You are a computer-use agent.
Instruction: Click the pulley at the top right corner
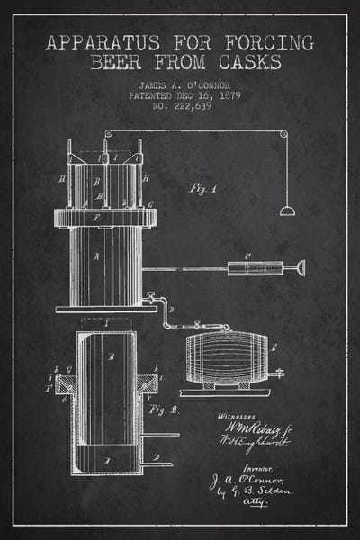[x=283, y=136]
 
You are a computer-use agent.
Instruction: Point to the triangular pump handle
[x=299, y=267]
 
